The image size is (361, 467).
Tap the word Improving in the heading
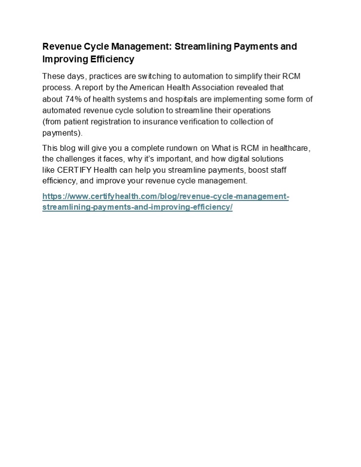(x=62, y=59)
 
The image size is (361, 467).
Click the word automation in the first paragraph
(x=213, y=76)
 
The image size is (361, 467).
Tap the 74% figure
(x=73, y=99)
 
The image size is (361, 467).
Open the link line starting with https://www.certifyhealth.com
(x=166, y=197)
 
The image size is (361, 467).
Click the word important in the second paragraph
(x=163, y=159)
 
